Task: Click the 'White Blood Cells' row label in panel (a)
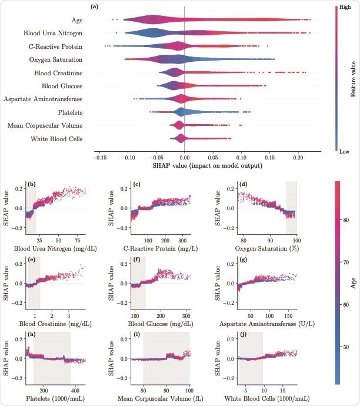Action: tap(57, 139)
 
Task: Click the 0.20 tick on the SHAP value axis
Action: tap(298, 158)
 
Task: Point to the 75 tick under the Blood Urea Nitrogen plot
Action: tap(76, 240)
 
